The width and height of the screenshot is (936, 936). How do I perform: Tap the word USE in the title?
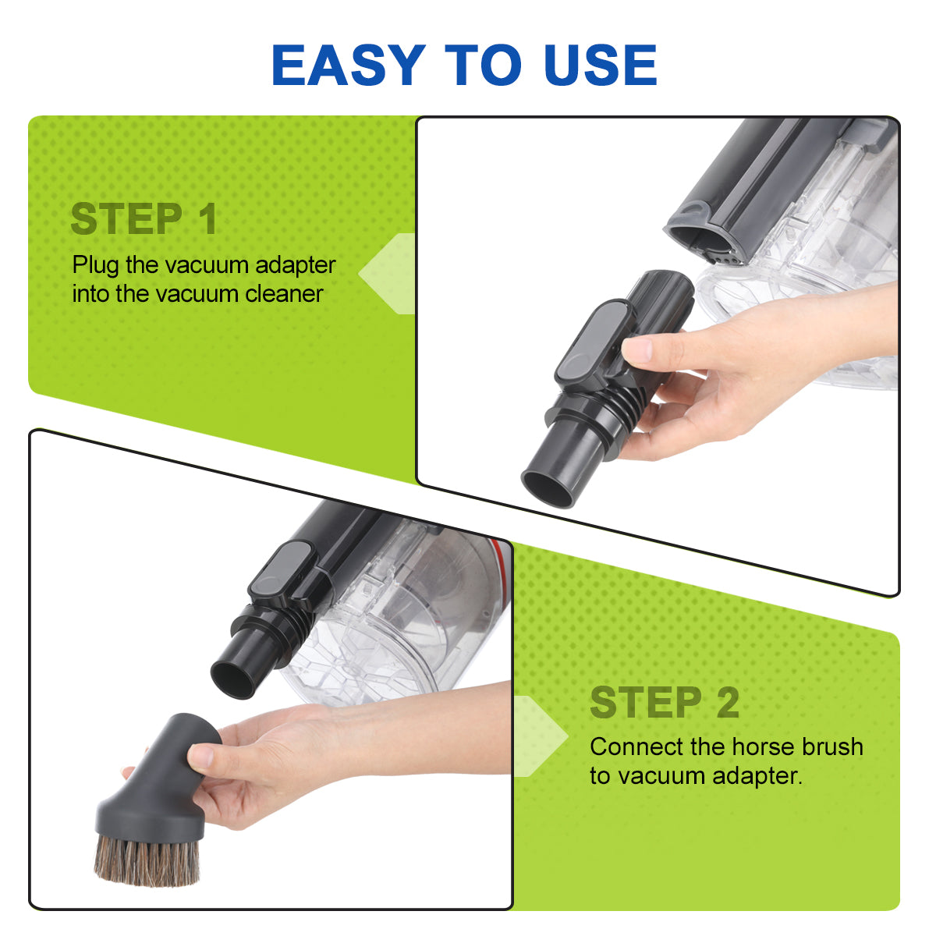tap(601, 65)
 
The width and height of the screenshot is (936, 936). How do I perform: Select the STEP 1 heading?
tap(144, 218)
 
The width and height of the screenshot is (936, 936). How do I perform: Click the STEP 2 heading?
tap(665, 702)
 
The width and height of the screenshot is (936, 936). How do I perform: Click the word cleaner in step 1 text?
tap(284, 294)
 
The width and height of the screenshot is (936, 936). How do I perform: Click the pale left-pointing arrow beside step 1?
tap(387, 274)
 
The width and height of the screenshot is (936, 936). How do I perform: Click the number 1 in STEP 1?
tap(207, 218)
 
